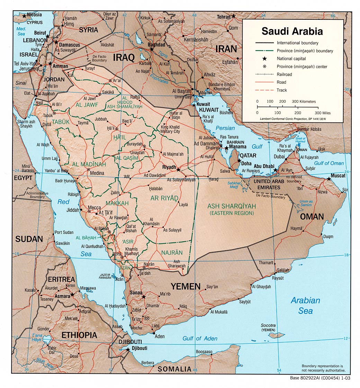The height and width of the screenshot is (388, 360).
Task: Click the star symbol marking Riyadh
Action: click(178, 169)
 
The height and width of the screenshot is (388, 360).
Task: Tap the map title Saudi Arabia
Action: click(292, 31)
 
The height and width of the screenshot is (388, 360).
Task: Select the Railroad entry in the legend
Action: click(284, 74)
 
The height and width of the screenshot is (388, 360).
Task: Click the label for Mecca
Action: click(94, 208)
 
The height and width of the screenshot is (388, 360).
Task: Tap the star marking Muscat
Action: click(328, 179)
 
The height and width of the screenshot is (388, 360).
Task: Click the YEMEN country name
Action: click(186, 286)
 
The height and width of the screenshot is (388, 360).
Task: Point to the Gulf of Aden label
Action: click(200, 338)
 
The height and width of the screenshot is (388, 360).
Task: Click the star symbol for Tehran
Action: click(234, 16)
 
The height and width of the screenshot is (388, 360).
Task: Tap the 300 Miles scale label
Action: click(323, 113)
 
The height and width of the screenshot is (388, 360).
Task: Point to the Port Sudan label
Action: click(64, 232)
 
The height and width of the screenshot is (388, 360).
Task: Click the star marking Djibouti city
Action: click(128, 350)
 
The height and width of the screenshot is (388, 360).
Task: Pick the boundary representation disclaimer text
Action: click(322, 368)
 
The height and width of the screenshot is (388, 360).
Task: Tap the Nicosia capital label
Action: click(34, 15)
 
